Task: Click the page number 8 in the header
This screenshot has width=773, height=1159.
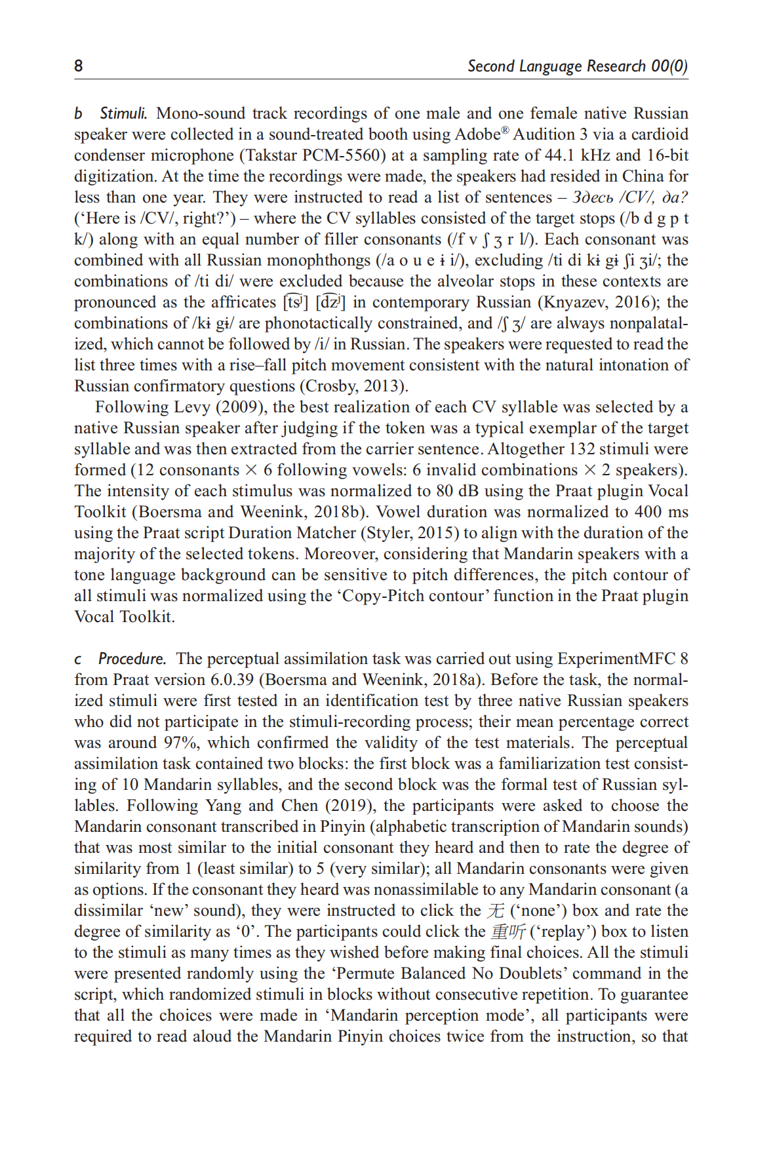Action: (x=79, y=66)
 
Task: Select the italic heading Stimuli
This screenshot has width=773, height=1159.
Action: (x=123, y=113)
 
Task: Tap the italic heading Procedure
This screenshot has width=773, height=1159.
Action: (x=132, y=659)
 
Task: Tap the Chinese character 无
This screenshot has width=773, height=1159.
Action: (x=496, y=911)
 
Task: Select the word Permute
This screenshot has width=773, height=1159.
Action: (x=372, y=973)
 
